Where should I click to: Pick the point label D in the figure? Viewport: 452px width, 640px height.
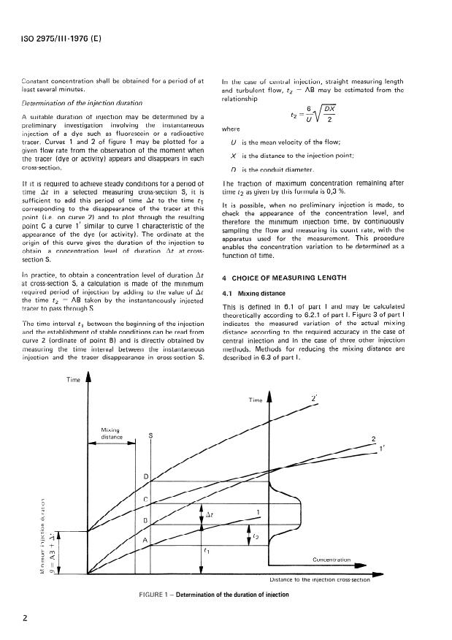point(145,477)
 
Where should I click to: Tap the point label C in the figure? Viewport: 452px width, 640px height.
point(145,500)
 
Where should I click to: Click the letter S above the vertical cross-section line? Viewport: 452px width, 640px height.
point(151,435)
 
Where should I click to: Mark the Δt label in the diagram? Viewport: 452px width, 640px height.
point(210,514)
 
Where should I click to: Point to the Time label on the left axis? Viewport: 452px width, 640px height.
point(73,381)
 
